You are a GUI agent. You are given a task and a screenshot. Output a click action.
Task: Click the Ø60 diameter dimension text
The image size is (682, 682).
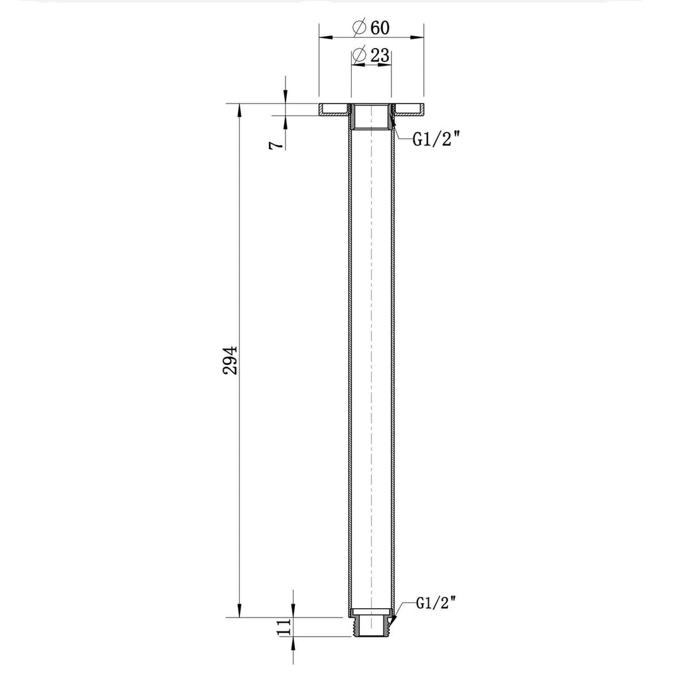371,28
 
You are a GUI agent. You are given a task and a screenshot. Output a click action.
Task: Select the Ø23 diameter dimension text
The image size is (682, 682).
371,56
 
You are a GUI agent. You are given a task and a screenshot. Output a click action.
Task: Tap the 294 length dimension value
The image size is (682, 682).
231,361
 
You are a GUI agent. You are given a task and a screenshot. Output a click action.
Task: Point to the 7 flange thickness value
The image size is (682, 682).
275,145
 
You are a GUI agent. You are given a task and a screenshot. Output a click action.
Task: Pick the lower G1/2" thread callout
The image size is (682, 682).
436,603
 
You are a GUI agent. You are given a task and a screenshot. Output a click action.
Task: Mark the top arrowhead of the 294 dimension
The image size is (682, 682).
239,110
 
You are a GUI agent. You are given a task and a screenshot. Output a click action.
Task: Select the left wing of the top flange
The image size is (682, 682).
333,110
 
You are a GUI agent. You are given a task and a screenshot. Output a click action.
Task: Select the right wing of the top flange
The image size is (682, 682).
409,110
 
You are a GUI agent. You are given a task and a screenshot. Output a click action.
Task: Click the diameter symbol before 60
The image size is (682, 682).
359,28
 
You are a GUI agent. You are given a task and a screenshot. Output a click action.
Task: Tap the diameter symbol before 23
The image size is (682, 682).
359,56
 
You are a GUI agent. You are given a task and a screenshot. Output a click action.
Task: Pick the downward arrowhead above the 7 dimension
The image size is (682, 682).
286,97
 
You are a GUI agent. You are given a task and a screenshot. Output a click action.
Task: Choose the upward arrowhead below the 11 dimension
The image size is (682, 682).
294,643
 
